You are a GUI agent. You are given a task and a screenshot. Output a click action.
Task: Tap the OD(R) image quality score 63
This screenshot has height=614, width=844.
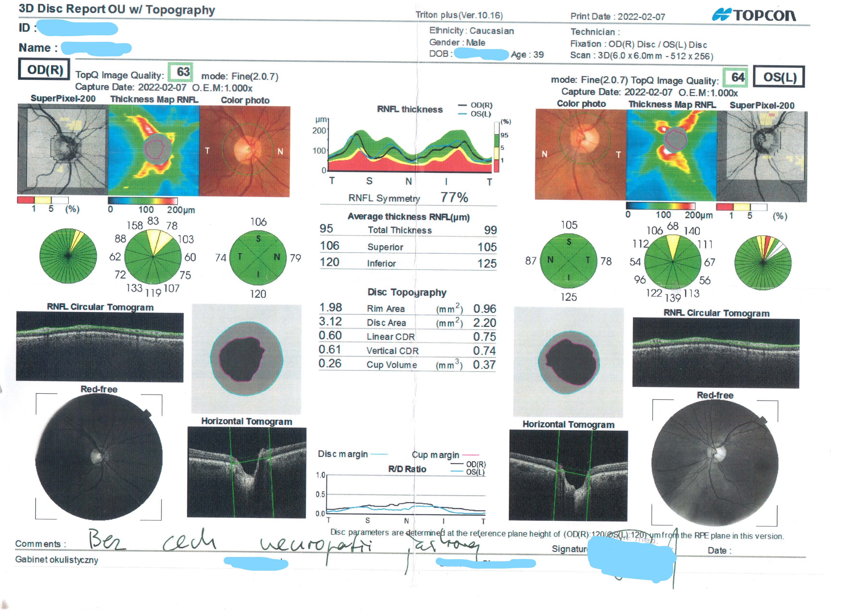tap(183, 72)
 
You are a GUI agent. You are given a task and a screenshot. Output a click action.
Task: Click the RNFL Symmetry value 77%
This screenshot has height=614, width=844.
tap(454, 197)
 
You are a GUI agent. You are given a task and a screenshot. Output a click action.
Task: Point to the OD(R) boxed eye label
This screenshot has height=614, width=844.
tap(44, 70)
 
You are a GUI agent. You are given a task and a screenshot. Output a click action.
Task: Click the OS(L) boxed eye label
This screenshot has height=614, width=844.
tap(780, 77)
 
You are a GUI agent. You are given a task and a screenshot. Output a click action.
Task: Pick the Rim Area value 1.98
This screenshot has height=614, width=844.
tap(330, 307)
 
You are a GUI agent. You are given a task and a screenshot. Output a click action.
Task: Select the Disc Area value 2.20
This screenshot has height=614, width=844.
tap(485, 323)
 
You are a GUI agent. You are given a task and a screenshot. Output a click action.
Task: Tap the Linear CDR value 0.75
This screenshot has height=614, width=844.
tap(485, 337)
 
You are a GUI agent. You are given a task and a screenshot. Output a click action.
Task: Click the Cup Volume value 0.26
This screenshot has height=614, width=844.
tap(330, 363)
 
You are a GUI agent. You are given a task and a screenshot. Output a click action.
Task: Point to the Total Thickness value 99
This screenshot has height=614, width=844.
tap(490, 230)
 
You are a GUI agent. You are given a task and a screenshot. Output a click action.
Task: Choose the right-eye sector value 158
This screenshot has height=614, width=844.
tap(135, 226)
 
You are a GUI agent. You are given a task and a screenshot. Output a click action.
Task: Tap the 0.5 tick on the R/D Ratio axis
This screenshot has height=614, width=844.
tap(320, 494)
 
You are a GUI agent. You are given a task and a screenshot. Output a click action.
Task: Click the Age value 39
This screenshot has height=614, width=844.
tap(538, 55)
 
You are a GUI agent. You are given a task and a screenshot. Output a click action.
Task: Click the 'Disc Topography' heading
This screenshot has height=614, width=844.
tap(407, 292)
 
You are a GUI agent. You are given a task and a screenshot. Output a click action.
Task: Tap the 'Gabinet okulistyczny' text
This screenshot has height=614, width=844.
tap(57, 560)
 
